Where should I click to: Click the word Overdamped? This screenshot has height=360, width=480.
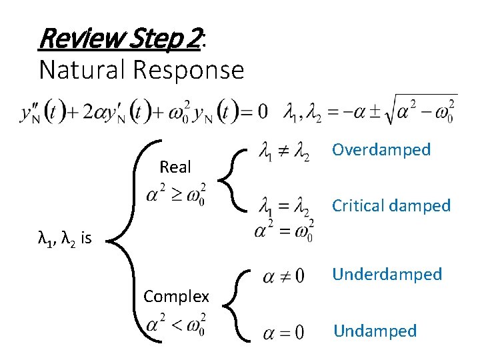point(381,149)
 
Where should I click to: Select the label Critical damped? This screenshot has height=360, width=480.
point(391,205)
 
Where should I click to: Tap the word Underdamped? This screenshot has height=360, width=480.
point(387,274)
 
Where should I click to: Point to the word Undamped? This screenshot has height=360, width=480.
point(375,331)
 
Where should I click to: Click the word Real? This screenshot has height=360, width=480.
point(175,167)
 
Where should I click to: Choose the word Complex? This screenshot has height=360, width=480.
point(176,296)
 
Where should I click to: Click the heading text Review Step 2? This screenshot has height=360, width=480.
point(120,39)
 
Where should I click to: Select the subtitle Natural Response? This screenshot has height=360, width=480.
point(141,69)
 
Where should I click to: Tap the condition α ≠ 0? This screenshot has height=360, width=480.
point(283,276)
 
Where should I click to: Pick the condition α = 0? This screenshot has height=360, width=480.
point(283,331)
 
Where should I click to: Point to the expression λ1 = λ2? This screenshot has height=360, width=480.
point(283,208)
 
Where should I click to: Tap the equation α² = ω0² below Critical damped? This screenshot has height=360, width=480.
point(283,231)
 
